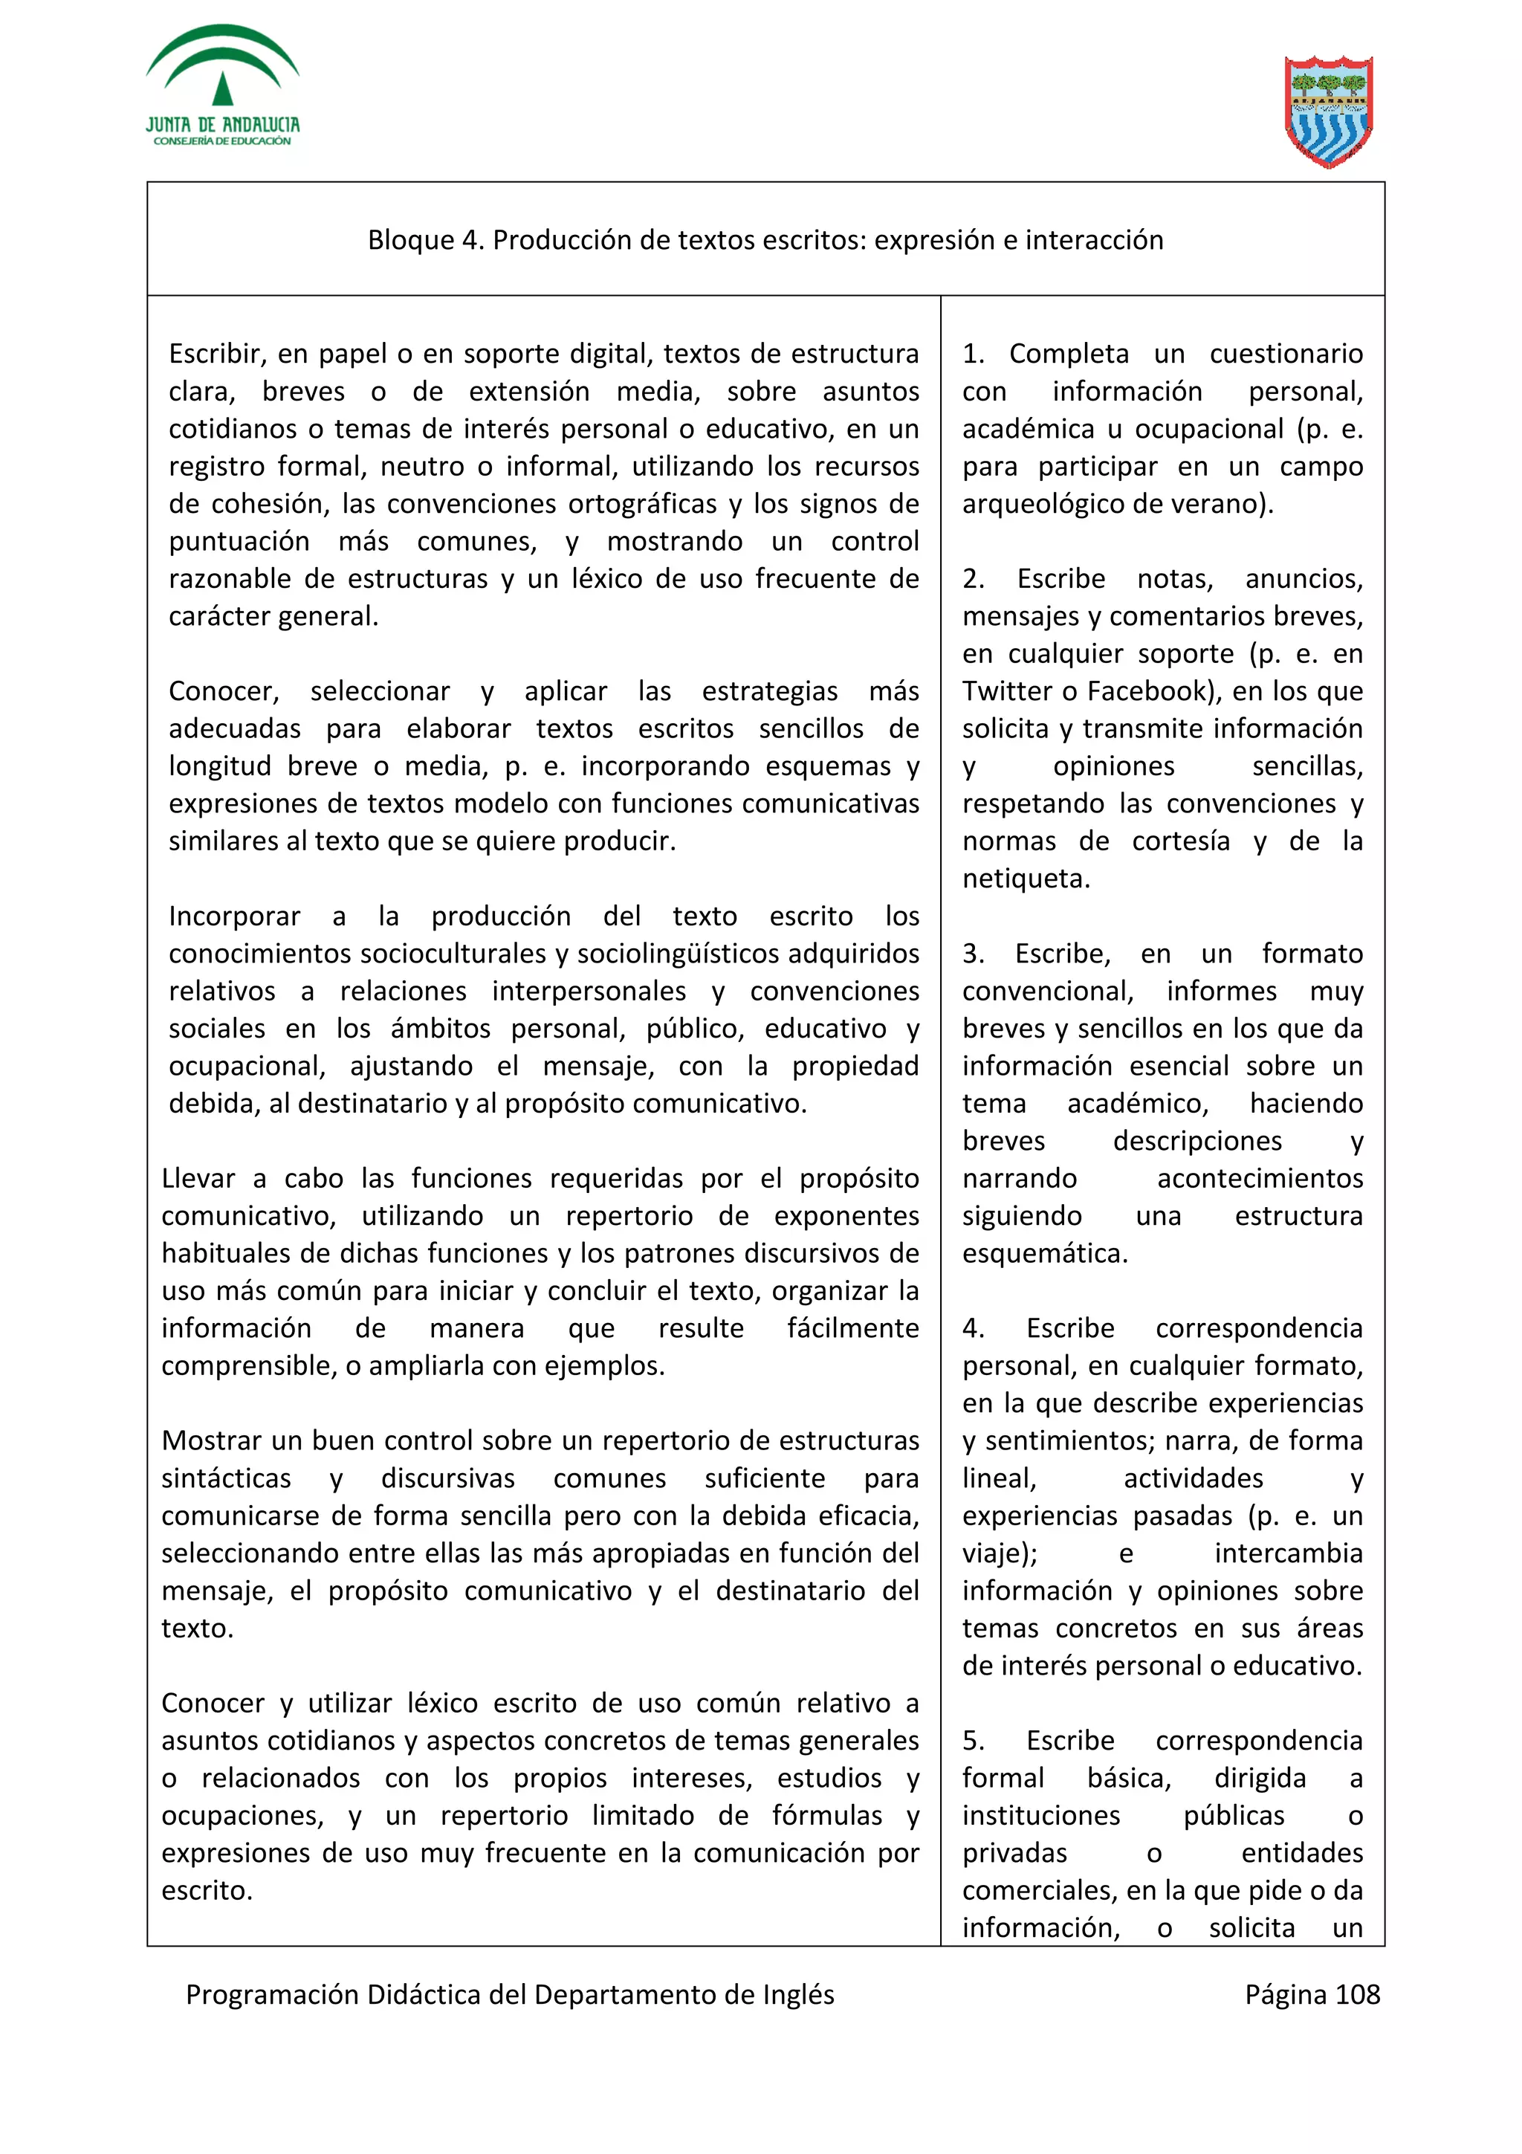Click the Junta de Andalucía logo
coord(222,86)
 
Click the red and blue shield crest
coord(1329,111)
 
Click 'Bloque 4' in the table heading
coord(424,240)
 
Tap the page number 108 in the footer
coord(1357,1993)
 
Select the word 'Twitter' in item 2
coord(1007,691)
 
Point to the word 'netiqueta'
coord(1025,879)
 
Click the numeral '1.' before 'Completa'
coord(973,354)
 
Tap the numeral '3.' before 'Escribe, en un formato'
coord(973,954)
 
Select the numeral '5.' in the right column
coord(973,1741)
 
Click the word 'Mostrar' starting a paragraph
coord(212,1441)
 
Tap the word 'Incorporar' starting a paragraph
coord(234,916)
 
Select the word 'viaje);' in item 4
coord(1000,1553)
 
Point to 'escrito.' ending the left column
coord(207,1892)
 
